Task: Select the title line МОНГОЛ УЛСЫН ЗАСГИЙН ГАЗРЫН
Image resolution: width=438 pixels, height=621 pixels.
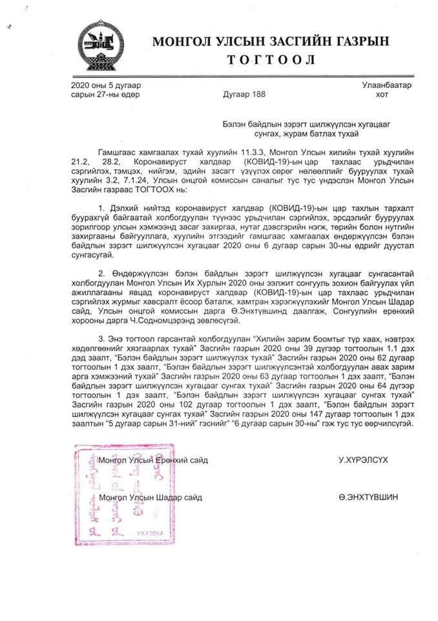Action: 271,41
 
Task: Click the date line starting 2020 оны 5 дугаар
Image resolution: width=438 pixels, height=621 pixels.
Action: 105,85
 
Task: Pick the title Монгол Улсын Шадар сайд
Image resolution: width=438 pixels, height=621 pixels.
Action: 151,497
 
